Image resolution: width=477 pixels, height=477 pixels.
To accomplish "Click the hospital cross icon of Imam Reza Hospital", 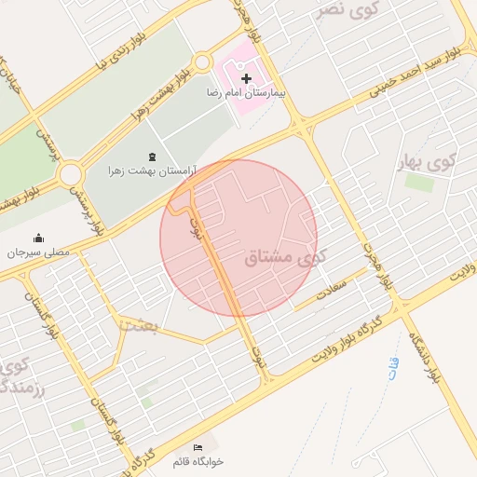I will pos(246,80).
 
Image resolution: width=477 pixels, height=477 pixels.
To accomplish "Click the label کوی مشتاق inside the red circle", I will pos(279,258).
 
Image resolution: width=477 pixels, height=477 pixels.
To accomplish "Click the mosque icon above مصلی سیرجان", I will pos(38,238).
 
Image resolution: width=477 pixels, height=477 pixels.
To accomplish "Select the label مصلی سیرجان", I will pos(38,252).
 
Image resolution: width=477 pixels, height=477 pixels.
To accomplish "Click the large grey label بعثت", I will pos(141,324).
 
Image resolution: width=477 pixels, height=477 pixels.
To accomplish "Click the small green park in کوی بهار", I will pos(419,183).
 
